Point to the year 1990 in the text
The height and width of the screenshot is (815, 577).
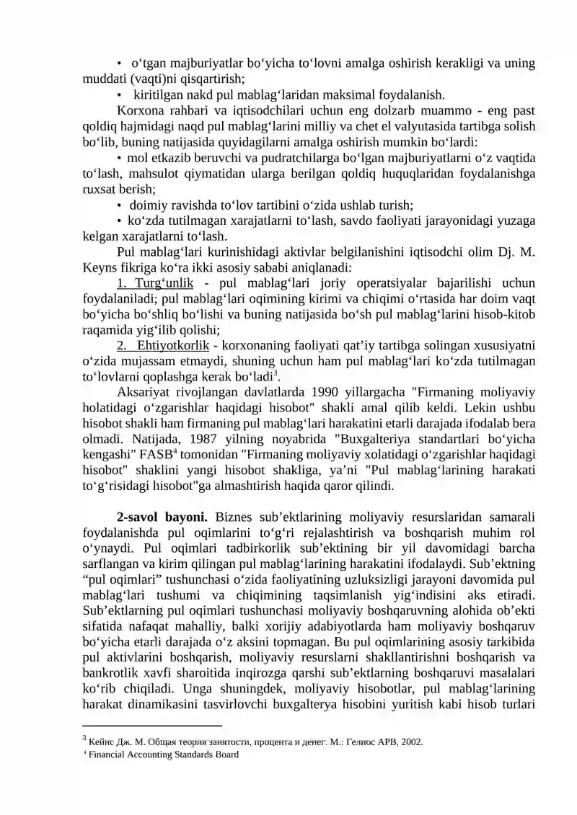(x=324, y=391)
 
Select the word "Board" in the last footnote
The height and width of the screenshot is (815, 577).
(x=224, y=755)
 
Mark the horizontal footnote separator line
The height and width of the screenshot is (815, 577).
(x=152, y=725)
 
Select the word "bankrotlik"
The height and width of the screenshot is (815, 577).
(x=110, y=657)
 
